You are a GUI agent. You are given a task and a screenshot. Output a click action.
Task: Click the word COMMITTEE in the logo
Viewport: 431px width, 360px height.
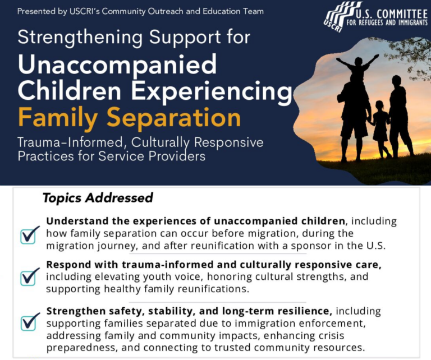[392, 13]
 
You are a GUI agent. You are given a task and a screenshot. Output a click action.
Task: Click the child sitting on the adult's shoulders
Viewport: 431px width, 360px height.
[357, 67]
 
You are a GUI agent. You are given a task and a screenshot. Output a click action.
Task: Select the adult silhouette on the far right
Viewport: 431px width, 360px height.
[400, 116]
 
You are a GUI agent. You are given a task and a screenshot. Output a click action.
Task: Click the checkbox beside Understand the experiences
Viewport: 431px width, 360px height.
[29, 236]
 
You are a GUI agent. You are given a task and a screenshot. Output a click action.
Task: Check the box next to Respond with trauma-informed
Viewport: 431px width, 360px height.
[29, 277]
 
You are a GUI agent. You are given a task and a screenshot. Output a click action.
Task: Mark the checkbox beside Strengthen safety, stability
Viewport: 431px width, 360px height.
[29, 321]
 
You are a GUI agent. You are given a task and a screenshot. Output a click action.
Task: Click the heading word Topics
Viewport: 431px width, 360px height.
[62, 199]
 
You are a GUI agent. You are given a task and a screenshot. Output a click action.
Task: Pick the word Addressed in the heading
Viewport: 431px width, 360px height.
[119, 198]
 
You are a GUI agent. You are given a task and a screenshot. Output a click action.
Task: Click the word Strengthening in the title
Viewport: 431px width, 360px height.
[80, 38]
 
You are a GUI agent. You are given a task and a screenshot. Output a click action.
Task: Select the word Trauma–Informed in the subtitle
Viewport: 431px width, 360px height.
[70, 142]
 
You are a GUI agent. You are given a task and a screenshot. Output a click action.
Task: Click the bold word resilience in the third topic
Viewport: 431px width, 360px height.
[303, 311]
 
